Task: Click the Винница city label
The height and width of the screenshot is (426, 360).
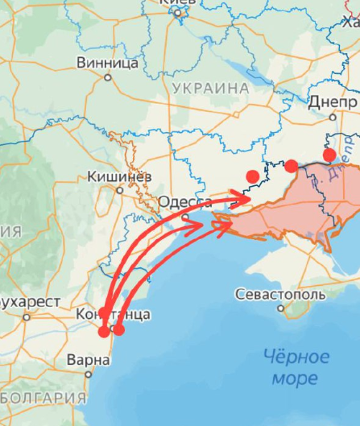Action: coord(106,62)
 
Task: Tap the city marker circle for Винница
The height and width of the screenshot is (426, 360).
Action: coord(109,77)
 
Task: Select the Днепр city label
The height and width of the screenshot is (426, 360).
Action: coord(333,104)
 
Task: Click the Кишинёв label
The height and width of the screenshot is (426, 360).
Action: coord(118,175)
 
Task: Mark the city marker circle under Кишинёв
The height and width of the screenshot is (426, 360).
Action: coord(120,190)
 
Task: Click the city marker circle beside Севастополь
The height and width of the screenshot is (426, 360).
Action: coord(240,295)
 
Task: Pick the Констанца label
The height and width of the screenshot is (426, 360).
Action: coord(113,314)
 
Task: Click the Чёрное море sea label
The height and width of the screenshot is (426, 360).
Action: coord(297,366)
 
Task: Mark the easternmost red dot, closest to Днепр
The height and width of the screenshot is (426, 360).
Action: coord(329,155)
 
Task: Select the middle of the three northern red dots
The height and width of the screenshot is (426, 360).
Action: coord(291,166)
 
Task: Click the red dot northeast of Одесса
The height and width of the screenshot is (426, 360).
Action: coord(252,176)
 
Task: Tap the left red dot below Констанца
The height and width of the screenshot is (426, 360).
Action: coord(104,330)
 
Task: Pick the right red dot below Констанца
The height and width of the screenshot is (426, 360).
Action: coord(119,329)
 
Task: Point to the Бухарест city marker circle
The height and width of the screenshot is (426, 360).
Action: coord(26,316)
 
